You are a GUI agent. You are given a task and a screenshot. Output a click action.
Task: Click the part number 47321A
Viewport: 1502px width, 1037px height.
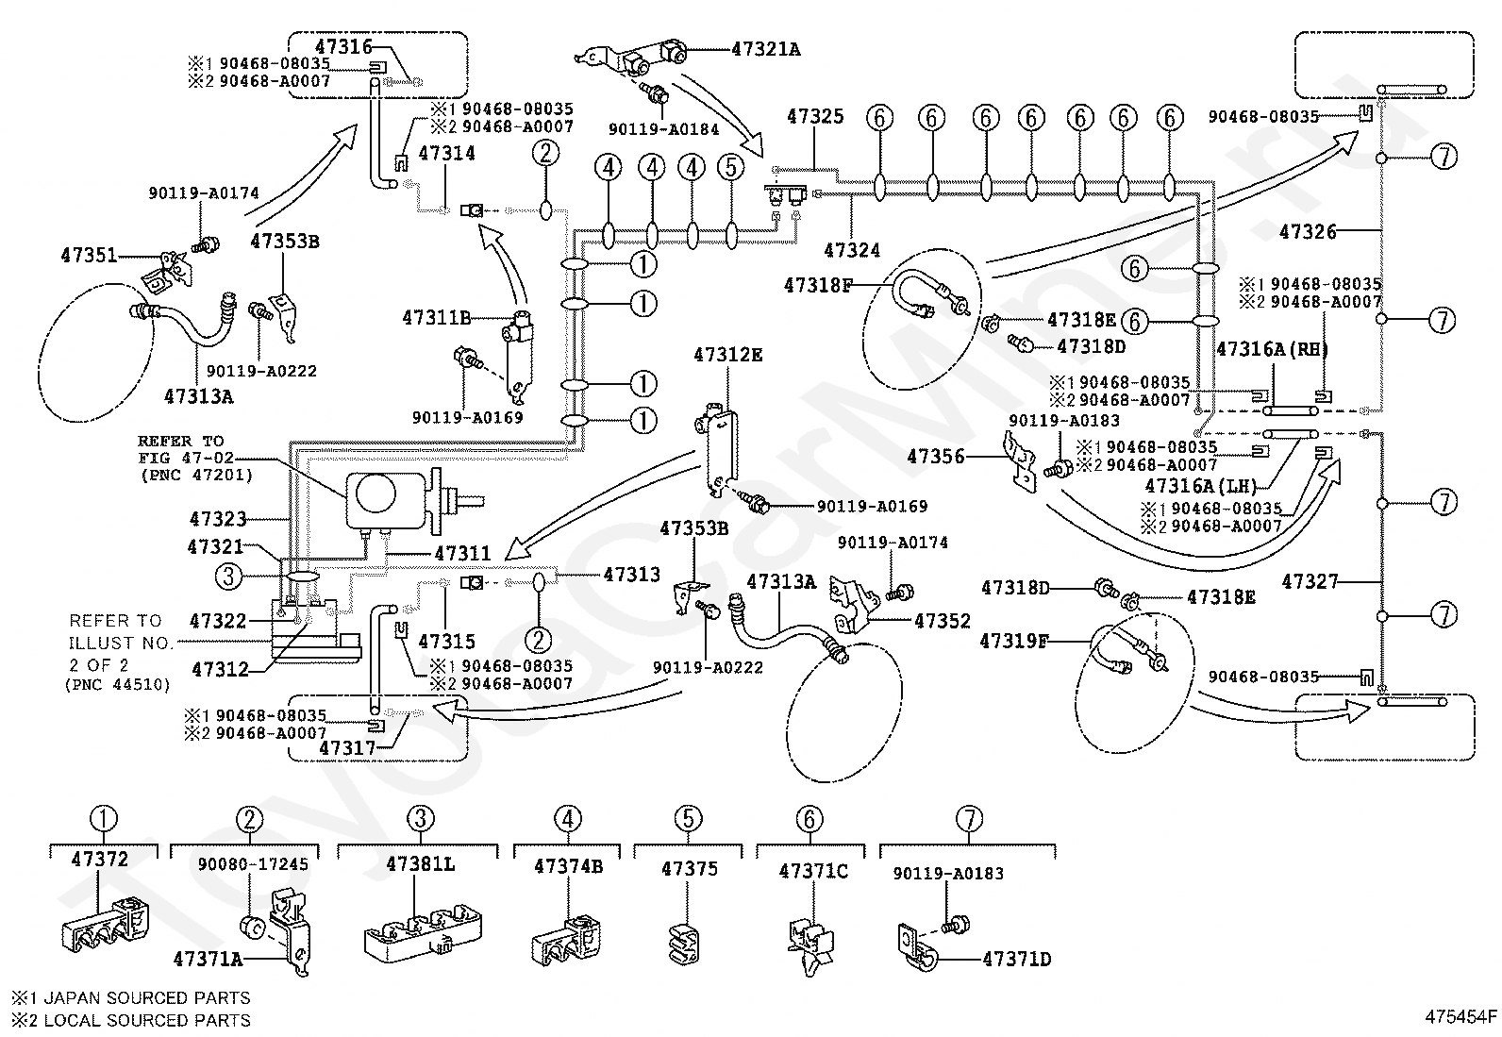tap(766, 50)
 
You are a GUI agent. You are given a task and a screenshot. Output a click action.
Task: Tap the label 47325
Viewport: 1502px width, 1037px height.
tap(815, 117)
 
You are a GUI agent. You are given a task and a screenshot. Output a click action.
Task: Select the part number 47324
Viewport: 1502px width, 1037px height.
tap(852, 250)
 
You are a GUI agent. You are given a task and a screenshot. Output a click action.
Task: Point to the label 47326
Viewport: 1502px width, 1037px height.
tap(1308, 232)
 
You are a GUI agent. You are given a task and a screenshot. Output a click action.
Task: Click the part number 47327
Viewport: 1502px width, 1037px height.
tap(1310, 581)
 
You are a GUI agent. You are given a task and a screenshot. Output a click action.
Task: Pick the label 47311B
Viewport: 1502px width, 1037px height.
tap(437, 317)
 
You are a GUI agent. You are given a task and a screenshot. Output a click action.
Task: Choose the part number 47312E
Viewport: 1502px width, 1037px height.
tap(728, 355)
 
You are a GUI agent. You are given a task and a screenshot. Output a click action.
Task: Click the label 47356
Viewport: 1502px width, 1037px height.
tap(935, 457)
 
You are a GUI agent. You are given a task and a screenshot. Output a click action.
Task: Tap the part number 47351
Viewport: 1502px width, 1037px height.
tap(89, 256)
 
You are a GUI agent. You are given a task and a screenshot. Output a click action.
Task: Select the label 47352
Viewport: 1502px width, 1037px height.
tap(943, 621)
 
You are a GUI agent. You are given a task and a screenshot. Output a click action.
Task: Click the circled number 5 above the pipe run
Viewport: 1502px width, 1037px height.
tap(731, 167)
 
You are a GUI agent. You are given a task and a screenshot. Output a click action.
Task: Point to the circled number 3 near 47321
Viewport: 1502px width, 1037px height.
tap(228, 577)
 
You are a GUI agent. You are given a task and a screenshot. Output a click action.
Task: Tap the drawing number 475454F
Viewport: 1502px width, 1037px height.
tap(1460, 1017)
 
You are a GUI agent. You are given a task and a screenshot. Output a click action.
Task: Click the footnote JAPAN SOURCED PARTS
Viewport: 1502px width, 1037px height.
tap(147, 998)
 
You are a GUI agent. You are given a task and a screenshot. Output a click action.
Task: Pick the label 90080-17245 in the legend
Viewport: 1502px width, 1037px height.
tap(253, 864)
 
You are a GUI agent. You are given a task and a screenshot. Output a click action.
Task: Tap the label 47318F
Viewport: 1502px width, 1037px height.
tap(818, 286)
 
